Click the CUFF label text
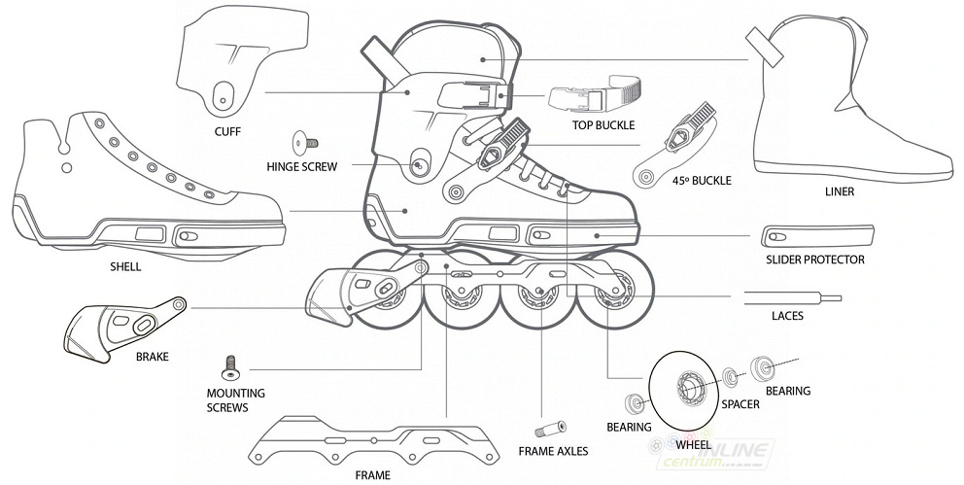[x=227, y=132]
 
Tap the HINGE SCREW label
[x=301, y=166]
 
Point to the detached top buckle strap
[x=593, y=97]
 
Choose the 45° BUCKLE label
[x=699, y=181]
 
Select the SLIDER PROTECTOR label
[x=814, y=260]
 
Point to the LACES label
[x=787, y=316]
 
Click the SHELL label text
[x=126, y=266]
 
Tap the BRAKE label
[x=153, y=357]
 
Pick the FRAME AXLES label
[x=553, y=451]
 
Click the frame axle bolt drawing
[x=550, y=429]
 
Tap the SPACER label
[x=740, y=404]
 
